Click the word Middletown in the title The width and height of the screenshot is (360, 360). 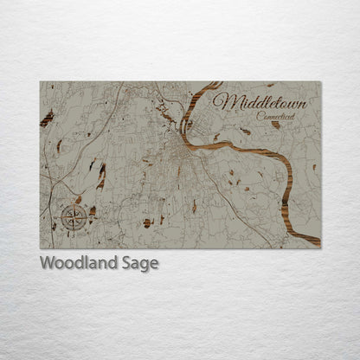point(260,102)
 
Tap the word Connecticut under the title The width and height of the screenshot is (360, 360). point(275,116)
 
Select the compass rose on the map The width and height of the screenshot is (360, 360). point(73,216)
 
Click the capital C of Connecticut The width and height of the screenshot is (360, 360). point(259,115)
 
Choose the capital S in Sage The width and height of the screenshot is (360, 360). point(126,264)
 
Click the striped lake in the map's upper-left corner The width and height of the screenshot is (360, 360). point(47,119)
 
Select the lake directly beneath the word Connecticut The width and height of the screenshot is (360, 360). point(275,125)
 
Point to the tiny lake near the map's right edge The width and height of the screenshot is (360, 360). point(314,167)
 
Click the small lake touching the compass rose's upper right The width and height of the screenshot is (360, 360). point(79,200)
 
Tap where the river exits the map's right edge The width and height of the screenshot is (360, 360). point(318,239)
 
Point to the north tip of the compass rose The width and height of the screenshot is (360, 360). point(73,205)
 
